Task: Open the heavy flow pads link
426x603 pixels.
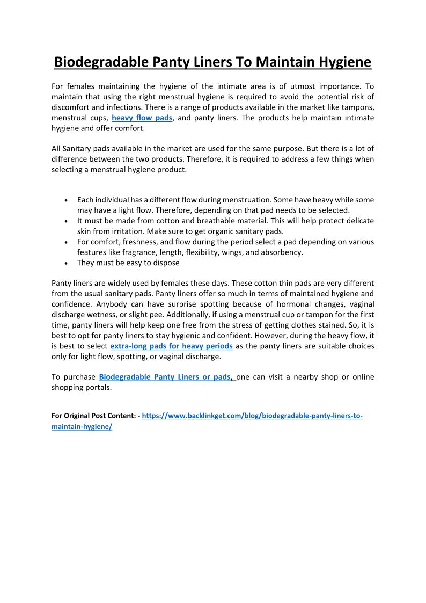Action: coord(142,118)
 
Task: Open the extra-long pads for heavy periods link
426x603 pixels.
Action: coord(171,346)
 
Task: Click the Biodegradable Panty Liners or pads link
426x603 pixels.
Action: coord(165,377)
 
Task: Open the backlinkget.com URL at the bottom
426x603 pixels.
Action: coord(252,416)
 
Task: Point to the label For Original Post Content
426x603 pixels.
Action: coord(94,416)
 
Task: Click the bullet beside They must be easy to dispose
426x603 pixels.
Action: coord(65,264)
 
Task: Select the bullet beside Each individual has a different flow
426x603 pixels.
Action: coord(65,200)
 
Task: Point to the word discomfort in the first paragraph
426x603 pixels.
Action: coord(71,107)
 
